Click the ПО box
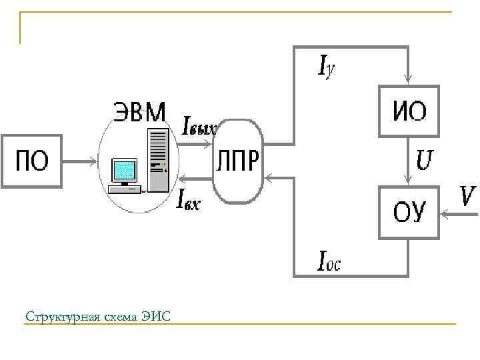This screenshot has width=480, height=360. [x=32, y=160]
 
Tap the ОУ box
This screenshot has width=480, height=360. [x=409, y=212]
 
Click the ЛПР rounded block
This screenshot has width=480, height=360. [x=238, y=161]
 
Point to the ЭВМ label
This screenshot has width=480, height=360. [x=139, y=111]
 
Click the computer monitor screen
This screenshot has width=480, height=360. [x=124, y=170]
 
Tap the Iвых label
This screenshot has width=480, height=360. [x=199, y=126]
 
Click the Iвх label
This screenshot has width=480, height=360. [x=187, y=198]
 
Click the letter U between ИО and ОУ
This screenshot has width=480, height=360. [x=425, y=159]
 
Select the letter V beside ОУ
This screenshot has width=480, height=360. [x=468, y=196]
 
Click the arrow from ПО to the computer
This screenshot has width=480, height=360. [x=80, y=160]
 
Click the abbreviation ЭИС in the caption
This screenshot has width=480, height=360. [x=156, y=315]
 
